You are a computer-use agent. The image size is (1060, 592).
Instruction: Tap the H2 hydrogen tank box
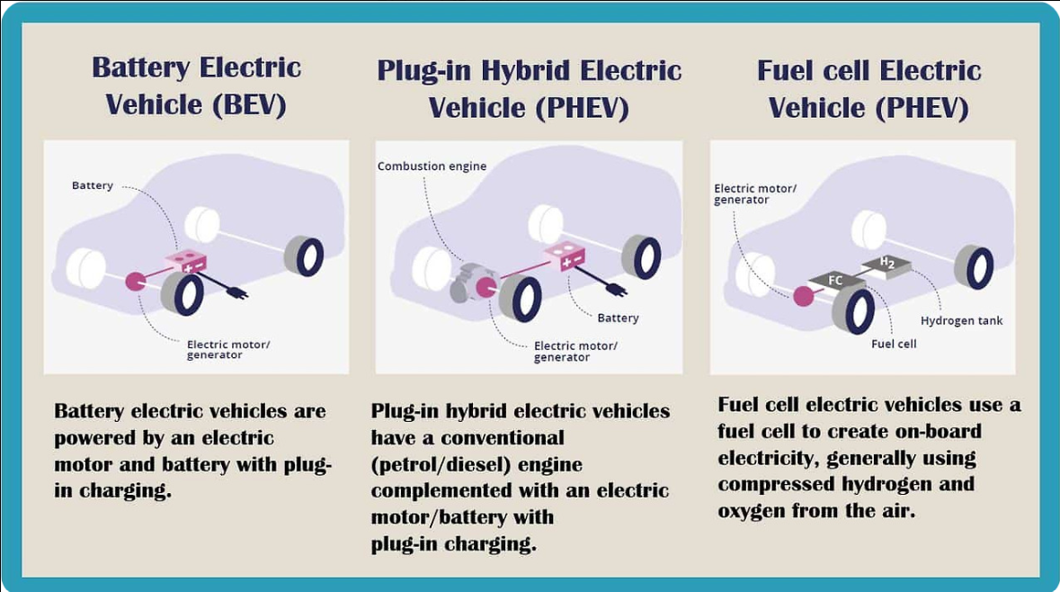coord(887,265)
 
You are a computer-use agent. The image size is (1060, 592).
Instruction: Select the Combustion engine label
coord(432,166)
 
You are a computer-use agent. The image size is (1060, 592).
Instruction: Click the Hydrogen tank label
coord(961,321)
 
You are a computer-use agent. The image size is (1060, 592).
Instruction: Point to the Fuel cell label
coord(894,344)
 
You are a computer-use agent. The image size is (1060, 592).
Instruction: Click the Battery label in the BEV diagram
coord(93,185)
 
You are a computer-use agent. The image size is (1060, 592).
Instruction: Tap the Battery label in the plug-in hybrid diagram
coord(618,318)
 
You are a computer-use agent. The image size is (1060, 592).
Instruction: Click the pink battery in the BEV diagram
coord(186,263)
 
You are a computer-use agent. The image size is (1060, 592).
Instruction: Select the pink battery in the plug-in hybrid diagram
coord(566,257)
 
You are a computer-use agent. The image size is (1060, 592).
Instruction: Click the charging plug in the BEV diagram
coord(238,292)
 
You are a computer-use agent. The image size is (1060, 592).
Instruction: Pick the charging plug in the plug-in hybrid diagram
coord(616,290)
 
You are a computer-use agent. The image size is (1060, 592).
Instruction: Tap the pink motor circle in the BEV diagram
coord(137,282)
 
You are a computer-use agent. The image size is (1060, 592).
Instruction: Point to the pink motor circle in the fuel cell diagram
coord(802,295)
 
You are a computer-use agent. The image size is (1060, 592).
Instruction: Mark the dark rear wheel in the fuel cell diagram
coord(974,266)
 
